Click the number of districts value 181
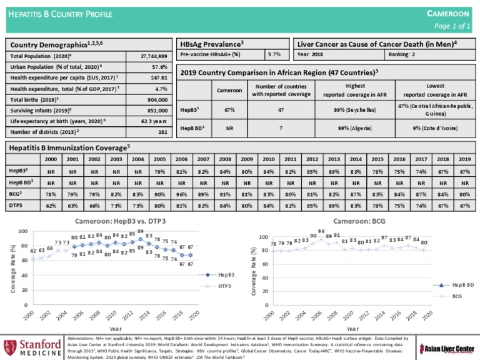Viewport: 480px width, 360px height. click(x=162, y=132)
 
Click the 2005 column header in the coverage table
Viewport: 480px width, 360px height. click(x=159, y=160)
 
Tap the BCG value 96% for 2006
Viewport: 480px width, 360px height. click(x=181, y=194)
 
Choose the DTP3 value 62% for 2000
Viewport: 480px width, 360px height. click(x=51, y=205)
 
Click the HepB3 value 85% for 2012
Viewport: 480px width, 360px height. click(x=311, y=171)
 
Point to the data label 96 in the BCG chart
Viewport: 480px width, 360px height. click(x=321, y=230)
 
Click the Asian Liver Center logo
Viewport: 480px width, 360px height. click(x=446, y=346)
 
